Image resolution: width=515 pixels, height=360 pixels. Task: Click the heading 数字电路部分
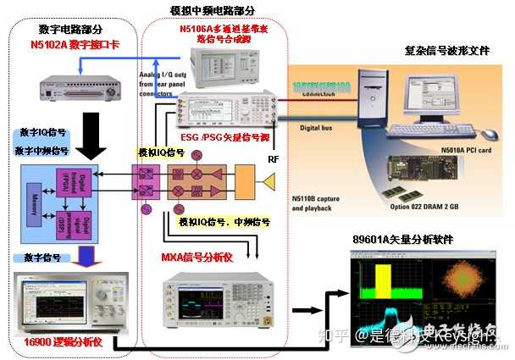[54, 25]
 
